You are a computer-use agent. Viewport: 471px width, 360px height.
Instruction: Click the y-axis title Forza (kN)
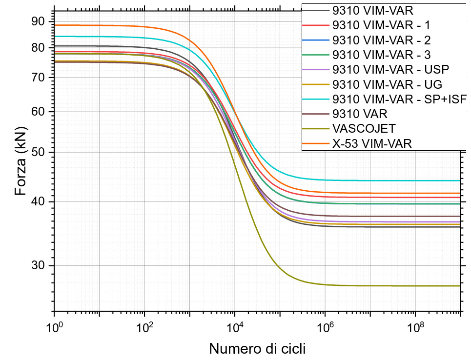[x=20, y=161]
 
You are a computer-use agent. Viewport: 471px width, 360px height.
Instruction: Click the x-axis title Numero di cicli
[x=258, y=349]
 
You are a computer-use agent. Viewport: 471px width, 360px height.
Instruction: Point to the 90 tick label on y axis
[x=38, y=21]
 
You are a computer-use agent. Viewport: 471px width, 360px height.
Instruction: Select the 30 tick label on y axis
[x=38, y=266]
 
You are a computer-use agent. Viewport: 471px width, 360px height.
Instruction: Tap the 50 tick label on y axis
[x=38, y=152]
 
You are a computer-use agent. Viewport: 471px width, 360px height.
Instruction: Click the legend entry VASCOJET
[x=363, y=129]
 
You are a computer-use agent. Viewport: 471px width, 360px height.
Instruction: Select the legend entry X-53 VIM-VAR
[x=372, y=144]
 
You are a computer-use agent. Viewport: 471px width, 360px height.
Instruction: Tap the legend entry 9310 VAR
[x=360, y=114]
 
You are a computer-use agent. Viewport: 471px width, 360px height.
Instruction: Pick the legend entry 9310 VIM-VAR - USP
[x=390, y=69]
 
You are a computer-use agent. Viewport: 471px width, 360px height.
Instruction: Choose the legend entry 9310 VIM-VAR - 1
[x=381, y=25]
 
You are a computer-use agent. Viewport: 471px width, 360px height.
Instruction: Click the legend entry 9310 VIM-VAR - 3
[x=381, y=55]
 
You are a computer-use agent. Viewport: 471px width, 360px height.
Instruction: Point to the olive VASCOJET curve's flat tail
[x=390, y=286]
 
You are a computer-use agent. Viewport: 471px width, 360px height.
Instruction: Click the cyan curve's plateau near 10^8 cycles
[x=415, y=180]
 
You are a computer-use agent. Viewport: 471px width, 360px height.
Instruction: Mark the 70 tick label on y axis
[x=38, y=78]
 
